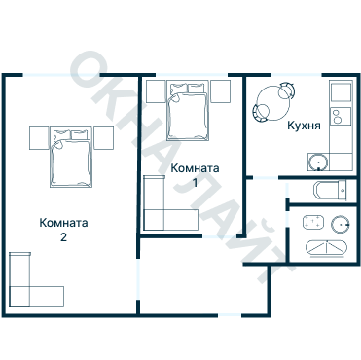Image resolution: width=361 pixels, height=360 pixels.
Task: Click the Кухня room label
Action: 304,126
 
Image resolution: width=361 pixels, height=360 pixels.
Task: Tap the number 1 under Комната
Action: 195,183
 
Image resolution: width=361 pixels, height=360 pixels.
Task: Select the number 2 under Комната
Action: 63,237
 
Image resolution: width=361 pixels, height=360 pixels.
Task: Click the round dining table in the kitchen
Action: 273,103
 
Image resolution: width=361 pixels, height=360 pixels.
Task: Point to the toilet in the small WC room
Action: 330,190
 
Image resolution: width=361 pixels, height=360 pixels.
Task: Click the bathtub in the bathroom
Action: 326,248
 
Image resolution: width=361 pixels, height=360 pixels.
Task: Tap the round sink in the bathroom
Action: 341,224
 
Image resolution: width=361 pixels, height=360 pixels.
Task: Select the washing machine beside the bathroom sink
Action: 313,223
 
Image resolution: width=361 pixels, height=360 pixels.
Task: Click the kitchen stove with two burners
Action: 341,117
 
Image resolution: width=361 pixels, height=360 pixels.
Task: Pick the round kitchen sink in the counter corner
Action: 318,162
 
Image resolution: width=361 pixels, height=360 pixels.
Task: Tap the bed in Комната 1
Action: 188,111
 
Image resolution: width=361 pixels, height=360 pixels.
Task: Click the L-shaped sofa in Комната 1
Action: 170,203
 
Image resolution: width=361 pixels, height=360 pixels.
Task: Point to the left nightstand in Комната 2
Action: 39,138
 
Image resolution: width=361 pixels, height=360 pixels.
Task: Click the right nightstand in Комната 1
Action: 221,91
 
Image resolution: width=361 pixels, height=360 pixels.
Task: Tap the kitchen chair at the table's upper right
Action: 287,90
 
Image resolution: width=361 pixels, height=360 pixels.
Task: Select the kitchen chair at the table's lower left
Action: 261,113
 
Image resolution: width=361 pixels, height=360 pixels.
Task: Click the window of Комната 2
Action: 61,75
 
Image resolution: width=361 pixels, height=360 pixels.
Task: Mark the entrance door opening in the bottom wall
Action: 230,315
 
